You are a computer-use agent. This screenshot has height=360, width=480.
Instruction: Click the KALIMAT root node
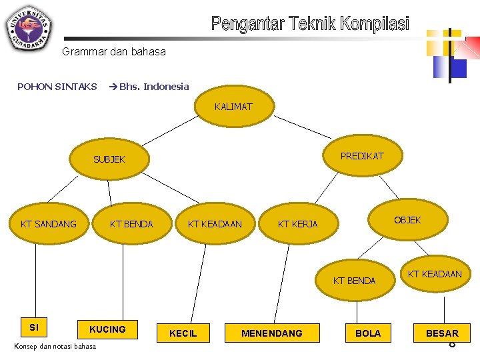click(x=233, y=107)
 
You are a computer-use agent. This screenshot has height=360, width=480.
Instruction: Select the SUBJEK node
click(x=109, y=159)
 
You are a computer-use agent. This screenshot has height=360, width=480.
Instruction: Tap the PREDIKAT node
click(x=362, y=156)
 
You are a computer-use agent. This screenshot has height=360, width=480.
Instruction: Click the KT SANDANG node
click(x=49, y=224)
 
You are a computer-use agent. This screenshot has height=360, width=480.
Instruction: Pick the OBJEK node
click(x=407, y=220)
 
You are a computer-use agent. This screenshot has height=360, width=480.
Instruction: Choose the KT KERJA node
click(x=297, y=224)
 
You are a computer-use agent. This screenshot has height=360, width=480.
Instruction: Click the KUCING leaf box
click(x=107, y=329)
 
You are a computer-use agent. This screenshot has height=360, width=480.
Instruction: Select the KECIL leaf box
click(x=183, y=333)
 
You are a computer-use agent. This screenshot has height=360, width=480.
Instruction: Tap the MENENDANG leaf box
click(x=271, y=333)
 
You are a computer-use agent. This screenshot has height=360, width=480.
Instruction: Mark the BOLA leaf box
click(x=368, y=333)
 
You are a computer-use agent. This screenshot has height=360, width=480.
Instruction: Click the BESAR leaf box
click(x=442, y=333)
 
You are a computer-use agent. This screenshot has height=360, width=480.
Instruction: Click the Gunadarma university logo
click(x=29, y=27)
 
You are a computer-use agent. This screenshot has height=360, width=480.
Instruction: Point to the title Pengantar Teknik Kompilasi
click(x=310, y=25)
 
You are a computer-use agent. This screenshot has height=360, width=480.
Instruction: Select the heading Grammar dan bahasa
click(x=114, y=51)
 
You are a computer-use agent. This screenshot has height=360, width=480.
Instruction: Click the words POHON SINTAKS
click(x=57, y=86)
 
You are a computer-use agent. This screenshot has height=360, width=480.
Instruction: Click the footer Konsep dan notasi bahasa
click(x=55, y=346)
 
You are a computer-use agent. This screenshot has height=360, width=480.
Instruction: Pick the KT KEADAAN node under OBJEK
click(x=435, y=274)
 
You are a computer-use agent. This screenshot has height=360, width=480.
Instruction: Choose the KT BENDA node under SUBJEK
click(x=131, y=224)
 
